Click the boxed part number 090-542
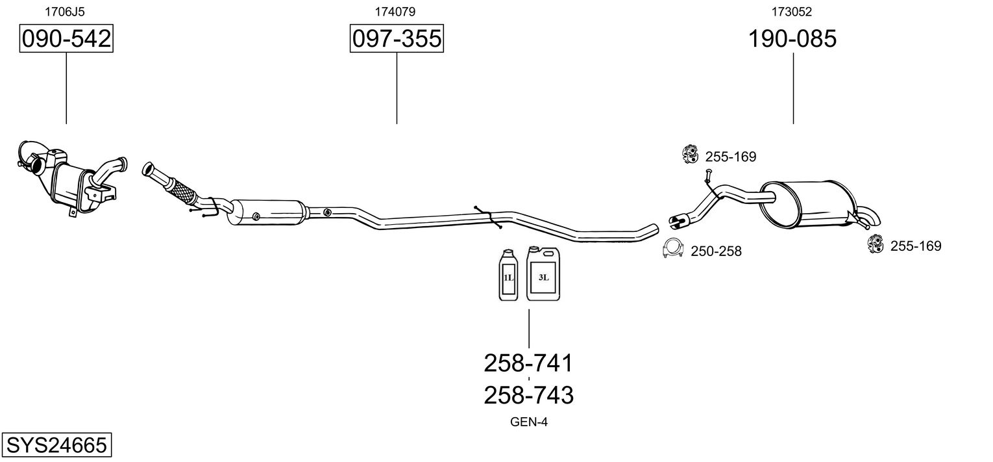point(66,40)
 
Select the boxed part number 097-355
point(396,40)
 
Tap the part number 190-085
point(792,40)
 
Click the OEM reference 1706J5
point(64,11)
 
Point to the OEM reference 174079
point(395,11)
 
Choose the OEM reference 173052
point(791,11)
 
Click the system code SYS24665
point(56,445)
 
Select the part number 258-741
point(528,363)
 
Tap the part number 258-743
point(528,395)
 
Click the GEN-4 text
point(529,422)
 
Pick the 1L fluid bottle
point(508,276)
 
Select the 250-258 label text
point(716,251)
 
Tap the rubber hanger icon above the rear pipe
point(689,154)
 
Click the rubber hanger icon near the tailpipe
point(875,244)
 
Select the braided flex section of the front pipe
point(182,190)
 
